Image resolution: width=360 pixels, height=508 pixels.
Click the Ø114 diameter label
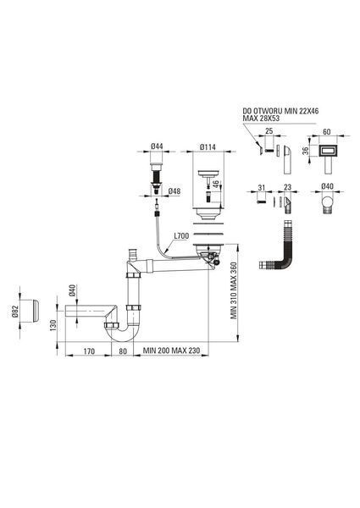click(208, 147)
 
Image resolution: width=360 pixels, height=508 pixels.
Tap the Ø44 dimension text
click(157, 146)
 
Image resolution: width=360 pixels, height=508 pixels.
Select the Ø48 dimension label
click(174, 191)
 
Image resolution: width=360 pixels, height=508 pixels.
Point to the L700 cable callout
click(181, 236)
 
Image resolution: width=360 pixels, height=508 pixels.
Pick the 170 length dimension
click(89, 351)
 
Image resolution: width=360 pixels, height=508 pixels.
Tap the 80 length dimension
click(123, 351)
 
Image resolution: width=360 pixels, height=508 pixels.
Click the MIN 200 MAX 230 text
click(171, 351)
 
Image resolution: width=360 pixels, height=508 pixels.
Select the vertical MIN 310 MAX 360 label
click(234, 290)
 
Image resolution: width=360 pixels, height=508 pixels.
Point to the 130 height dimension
click(53, 326)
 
